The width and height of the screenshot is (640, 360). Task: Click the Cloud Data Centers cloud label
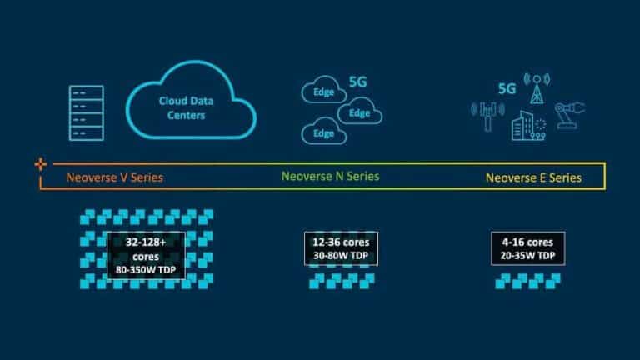coord(182,107)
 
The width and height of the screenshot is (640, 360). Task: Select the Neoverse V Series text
coord(114,177)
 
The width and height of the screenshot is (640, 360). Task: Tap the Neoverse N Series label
coord(329,177)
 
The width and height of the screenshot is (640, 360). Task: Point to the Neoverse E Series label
coord(533,177)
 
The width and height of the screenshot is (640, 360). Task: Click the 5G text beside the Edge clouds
coord(357,84)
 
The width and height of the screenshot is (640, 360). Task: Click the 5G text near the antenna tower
coord(506,87)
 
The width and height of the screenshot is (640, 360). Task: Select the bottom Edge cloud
coord(323,132)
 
